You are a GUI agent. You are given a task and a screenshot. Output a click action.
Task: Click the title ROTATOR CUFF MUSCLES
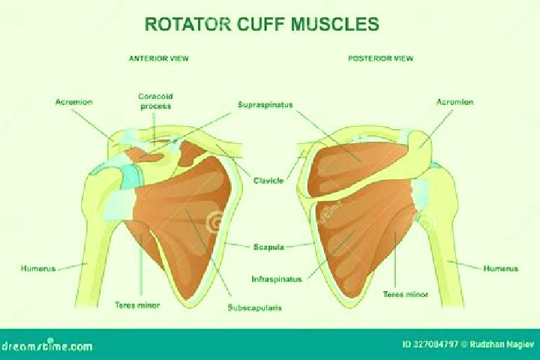pyautogui.click(x=262, y=24)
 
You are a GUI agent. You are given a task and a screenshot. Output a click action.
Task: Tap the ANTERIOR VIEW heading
pyautogui.click(x=159, y=58)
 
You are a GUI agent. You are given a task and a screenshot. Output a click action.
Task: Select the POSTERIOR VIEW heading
pyautogui.click(x=380, y=58)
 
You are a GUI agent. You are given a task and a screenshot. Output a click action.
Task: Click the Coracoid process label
pyautogui.click(x=156, y=101)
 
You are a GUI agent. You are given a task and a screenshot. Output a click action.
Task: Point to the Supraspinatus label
pyautogui.click(x=265, y=105)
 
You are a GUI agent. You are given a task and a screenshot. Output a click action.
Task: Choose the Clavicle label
pyautogui.click(x=268, y=181)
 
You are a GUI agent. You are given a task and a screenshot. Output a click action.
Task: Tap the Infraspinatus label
pyautogui.click(x=277, y=279)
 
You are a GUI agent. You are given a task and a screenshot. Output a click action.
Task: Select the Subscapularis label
pyautogui.click(x=254, y=307)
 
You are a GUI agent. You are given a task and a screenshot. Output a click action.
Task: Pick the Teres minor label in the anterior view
pyautogui.click(x=137, y=305)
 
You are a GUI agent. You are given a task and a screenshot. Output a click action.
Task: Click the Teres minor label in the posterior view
pyautogui.click(x=405, y=294)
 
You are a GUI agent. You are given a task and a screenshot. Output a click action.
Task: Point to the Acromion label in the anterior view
pyautogui.click(x=74, y=102)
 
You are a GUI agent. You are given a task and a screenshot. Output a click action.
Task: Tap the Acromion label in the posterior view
pyautogui.click(x=455, y=102)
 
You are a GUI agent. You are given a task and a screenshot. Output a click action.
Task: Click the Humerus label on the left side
pyautogui.click(x=38, y=268)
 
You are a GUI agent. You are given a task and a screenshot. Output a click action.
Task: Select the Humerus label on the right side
pyautogui.click(x=501, y=268)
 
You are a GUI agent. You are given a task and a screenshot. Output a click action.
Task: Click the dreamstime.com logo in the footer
pyautogui.click(x=46, y=345)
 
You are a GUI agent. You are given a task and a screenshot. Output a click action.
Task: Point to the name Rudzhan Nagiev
pyautogui.click(x=502, y=344)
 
